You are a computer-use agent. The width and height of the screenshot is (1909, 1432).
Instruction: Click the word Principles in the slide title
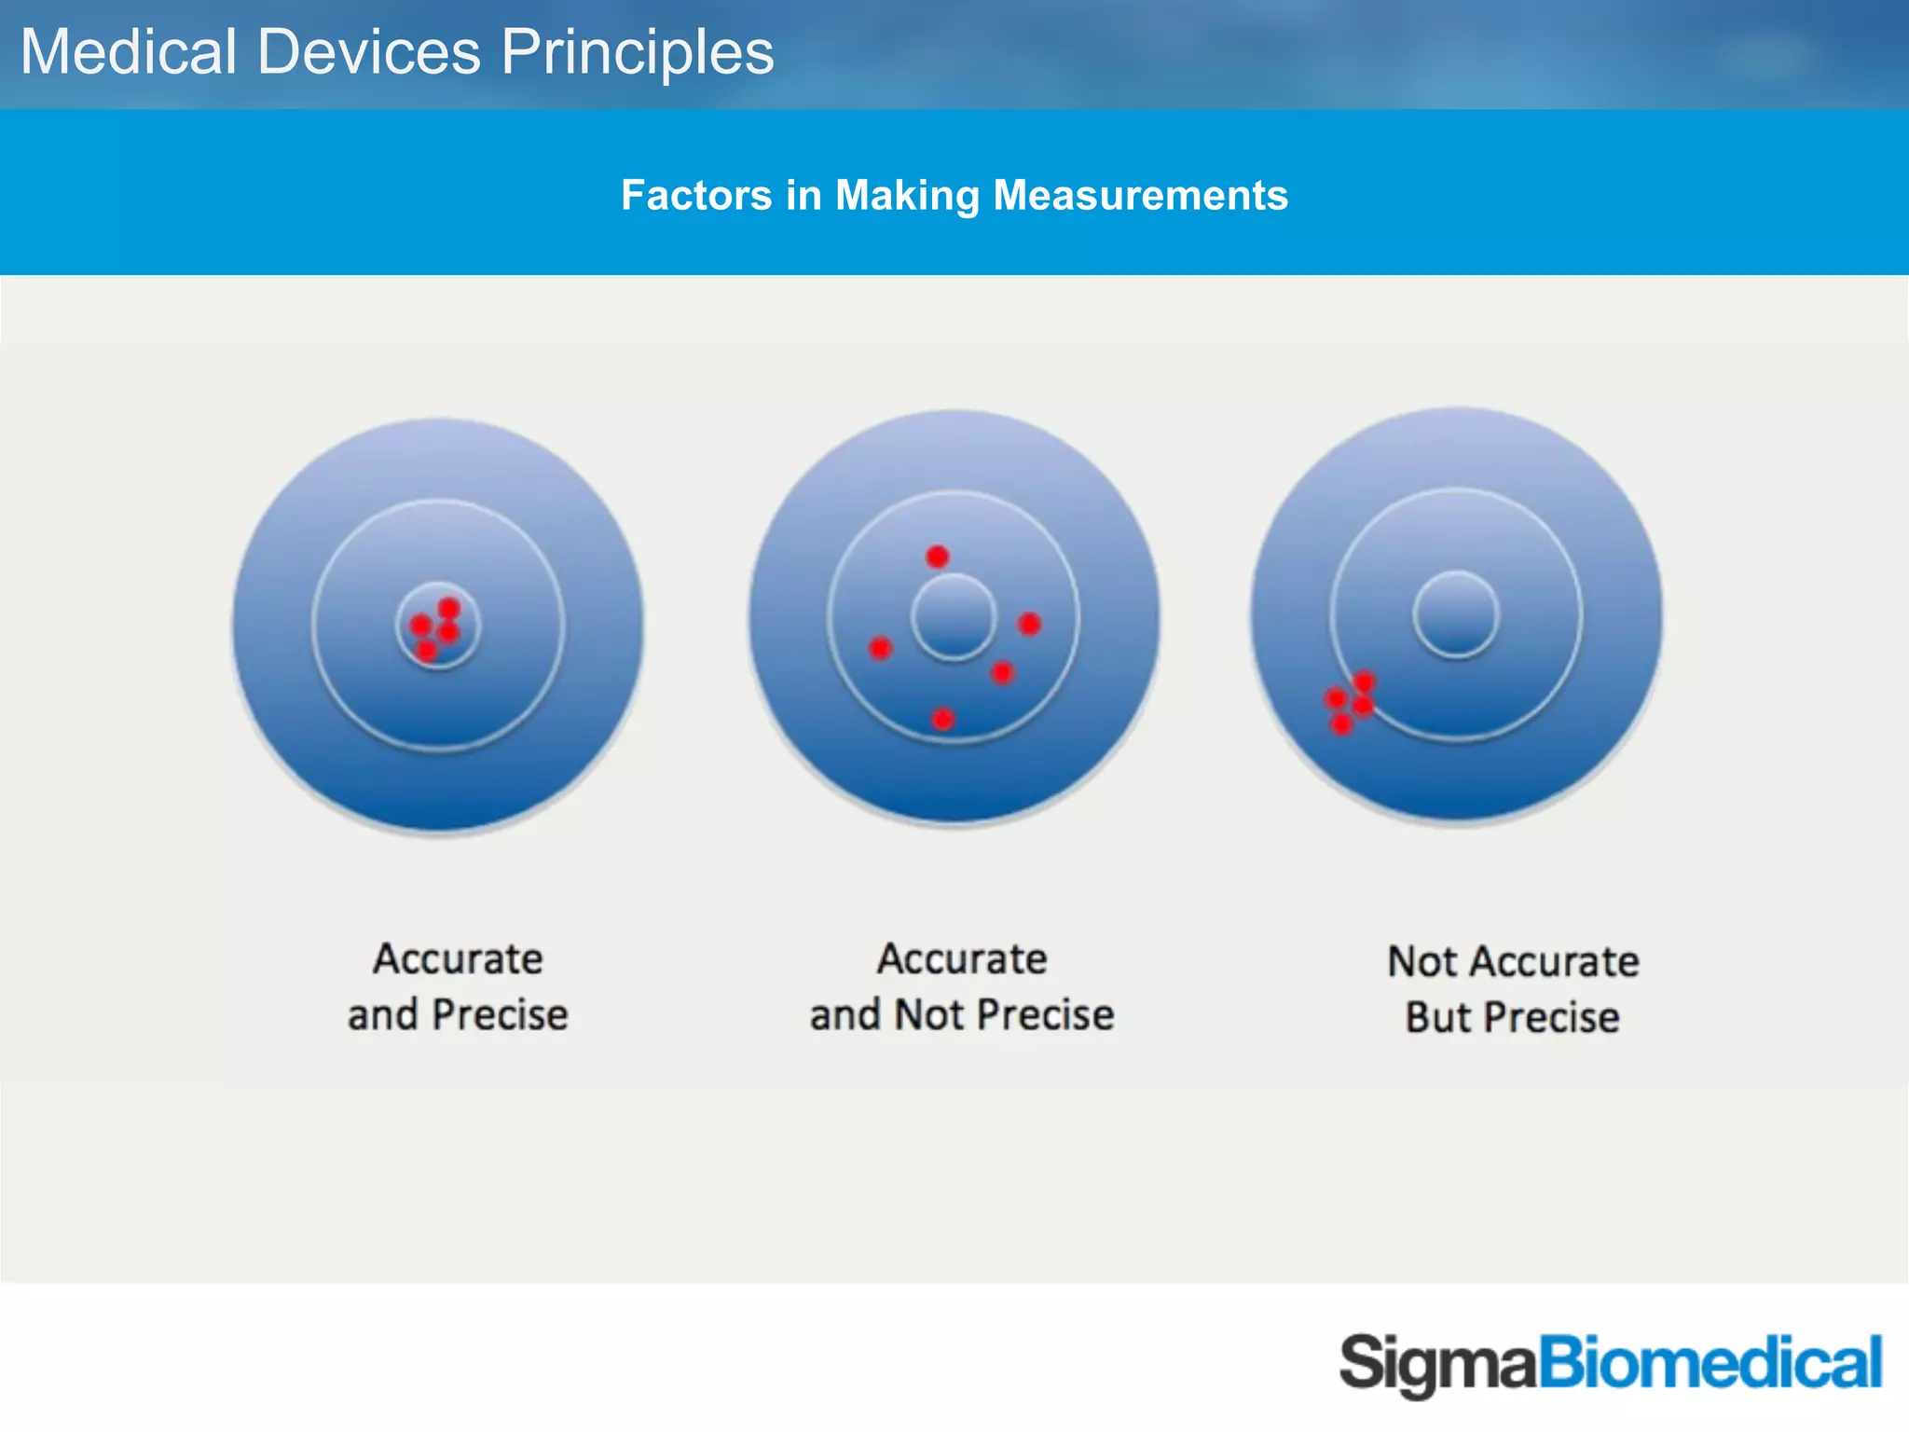638,52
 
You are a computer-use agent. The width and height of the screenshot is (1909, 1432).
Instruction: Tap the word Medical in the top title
129,52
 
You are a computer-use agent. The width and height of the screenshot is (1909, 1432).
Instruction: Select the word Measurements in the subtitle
1140,196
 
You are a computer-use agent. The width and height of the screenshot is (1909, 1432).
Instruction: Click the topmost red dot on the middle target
937,558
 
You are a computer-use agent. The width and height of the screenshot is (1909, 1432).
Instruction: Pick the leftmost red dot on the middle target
880,648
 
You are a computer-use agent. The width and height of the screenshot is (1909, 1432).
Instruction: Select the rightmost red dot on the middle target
1029,624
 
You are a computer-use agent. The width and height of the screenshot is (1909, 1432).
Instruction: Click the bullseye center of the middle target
954,617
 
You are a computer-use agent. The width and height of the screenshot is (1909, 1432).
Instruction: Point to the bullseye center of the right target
1456,615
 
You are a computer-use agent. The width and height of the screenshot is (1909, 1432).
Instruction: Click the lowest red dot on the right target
1341,724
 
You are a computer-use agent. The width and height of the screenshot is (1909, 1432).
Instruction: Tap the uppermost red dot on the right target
1365,682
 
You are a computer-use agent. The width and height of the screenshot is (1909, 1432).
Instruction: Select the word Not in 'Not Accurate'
1421,962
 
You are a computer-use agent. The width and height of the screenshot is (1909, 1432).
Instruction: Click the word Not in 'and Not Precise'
928,1015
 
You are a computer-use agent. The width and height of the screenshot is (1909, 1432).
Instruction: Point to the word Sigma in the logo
1436,1365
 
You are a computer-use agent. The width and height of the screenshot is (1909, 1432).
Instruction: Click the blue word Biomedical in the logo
1710,1363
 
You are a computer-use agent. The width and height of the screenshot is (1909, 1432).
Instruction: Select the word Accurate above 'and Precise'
458,959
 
